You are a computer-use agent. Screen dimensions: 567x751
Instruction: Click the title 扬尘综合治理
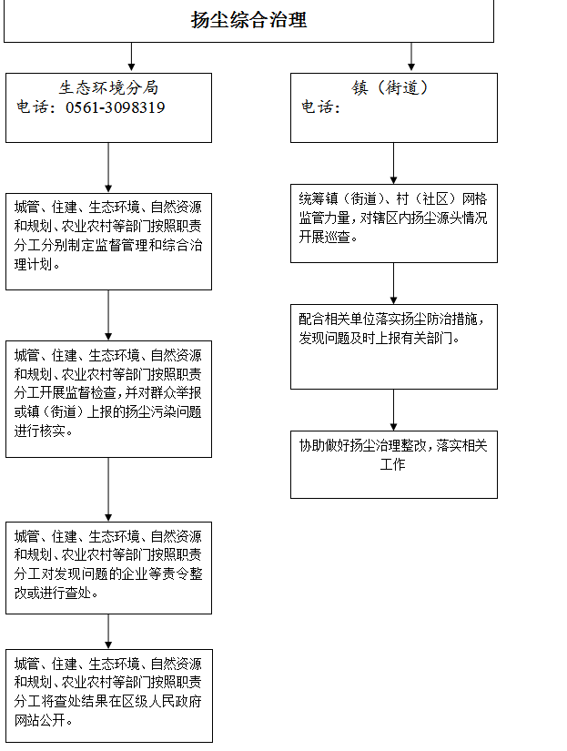pos(248,20)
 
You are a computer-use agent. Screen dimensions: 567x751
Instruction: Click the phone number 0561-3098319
pos(115,107)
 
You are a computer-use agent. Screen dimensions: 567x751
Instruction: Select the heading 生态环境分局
pos(108,87)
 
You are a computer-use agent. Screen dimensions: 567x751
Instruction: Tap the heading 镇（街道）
pos(390,87)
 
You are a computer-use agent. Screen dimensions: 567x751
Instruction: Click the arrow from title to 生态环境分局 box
pos(131,56)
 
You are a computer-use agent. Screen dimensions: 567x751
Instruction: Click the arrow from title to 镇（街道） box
pos(410,56)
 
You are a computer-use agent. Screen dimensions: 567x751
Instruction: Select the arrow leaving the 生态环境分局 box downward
pos(108,167)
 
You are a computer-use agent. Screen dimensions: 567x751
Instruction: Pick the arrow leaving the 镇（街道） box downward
pos(394,163)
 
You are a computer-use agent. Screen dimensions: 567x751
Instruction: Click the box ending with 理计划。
pos(108,241)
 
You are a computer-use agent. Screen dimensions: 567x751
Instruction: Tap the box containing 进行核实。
pos(108,399)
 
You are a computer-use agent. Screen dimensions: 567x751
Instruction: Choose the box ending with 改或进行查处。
pos(108,567)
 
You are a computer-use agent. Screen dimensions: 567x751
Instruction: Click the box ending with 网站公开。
pos(109,695)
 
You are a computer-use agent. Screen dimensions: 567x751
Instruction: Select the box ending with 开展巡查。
pos(394,223)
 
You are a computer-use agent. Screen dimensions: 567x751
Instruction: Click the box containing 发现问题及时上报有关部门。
pos(394,346)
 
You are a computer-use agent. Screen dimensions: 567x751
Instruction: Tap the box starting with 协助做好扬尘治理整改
pos(394,464)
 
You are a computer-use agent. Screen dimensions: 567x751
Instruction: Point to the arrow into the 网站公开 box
pos(108,632)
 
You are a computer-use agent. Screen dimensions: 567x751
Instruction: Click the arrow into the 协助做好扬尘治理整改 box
pos(394,410)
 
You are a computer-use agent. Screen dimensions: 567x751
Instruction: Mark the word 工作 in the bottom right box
pos(392,464)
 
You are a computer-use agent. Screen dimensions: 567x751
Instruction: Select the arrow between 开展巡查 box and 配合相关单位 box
pos(394,283)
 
